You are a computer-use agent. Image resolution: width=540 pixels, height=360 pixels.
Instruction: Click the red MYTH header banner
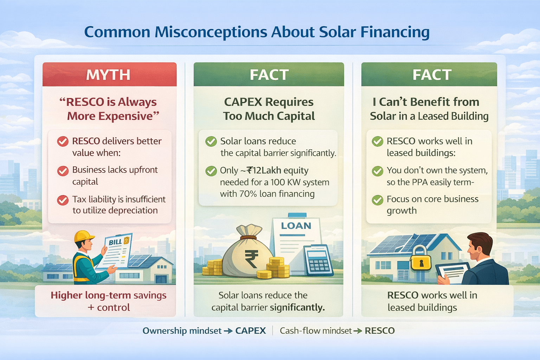click(x=109, y=74)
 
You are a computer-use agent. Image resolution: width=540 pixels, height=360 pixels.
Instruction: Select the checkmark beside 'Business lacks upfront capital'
click(x=63, y=171)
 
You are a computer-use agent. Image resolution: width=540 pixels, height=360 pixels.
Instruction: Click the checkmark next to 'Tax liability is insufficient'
click(x=63, y=200)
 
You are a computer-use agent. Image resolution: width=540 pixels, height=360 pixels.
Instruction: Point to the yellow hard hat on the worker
click(x=84, y=236)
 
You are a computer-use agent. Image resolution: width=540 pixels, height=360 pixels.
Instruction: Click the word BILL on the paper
click(x=115, y=242)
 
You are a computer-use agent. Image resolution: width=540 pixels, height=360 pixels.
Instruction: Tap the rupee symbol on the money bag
click(x=251, y=259)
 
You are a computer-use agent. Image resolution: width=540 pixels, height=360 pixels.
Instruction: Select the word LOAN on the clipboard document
click(x=296, y=226)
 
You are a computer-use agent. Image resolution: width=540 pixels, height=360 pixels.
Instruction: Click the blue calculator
click(x=318, y=261)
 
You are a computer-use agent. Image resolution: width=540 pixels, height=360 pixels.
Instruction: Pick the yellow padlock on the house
click(x=421, y=258)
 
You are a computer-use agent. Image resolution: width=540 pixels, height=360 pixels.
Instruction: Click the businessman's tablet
click(x=453, y=273)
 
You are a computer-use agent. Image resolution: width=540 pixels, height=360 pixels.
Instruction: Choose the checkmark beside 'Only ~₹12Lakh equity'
click(x=211, y=171)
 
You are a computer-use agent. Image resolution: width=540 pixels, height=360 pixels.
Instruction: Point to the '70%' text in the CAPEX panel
click(x=248, y=194)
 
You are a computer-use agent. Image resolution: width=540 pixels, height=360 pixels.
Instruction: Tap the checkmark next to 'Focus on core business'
click(x=378, y=200)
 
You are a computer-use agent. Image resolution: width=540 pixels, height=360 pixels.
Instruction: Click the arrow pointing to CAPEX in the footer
click(x=228, y=331)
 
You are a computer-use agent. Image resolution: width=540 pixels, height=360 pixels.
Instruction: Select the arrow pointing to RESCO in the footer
click(x=358, y=331)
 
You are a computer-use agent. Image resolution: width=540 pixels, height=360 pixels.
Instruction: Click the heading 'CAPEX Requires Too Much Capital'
click(x=269, y=109)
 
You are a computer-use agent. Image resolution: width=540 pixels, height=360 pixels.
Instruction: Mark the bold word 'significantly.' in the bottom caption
click(x=297, y=308)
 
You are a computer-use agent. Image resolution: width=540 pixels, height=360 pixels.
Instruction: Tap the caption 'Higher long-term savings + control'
click(x=109, y=301)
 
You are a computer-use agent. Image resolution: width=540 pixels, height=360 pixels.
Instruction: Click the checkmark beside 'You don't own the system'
click(x=378, y=171)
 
